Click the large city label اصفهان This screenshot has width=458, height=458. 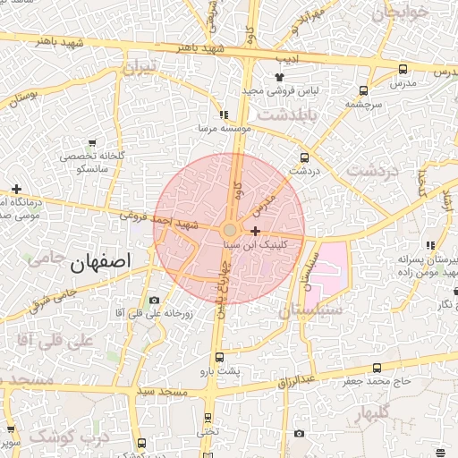(98, 261)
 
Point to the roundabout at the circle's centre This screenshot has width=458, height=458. (230, 230)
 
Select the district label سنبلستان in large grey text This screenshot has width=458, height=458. (310, 310)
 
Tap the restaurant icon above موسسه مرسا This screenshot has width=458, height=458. (224, 114)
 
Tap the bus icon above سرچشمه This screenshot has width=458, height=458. (363, 90)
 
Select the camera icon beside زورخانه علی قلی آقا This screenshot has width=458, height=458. (154, 300)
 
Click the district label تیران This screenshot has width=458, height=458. (140, 67)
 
